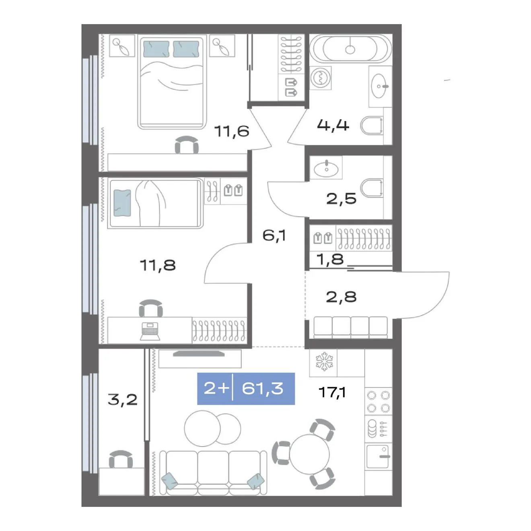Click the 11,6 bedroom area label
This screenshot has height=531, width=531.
click(232, 131)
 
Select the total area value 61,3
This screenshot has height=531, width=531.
click(262, 389)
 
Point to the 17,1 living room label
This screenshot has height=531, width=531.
click(332, 392)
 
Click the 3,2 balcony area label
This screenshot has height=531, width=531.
click(122, 399)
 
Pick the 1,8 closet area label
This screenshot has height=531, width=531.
click(330, 259)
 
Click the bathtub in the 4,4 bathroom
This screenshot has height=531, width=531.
click(350, 49)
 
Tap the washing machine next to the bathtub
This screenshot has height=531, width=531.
click(320, 78)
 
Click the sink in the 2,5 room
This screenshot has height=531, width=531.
click(326, 167)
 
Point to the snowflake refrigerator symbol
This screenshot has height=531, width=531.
click(324, 361)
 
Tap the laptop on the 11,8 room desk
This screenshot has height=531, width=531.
click(150, 331)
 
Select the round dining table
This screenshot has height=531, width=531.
click(310, 454)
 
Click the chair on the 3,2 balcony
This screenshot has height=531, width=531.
click(121, 459)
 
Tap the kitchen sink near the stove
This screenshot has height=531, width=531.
click(377, 456)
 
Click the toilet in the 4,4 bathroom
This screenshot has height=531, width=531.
click(372, 126)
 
